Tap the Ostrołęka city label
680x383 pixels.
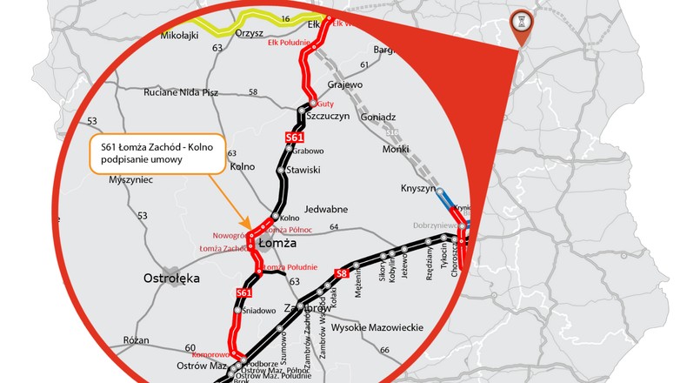pyautogui.click(x=171, y=279)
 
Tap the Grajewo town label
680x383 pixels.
pyautogui.click(x=344, y=84)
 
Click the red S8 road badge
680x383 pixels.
pyautogui.click(x=342, y=274)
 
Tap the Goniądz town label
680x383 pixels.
pyautogui.click(x=376, y=116)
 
